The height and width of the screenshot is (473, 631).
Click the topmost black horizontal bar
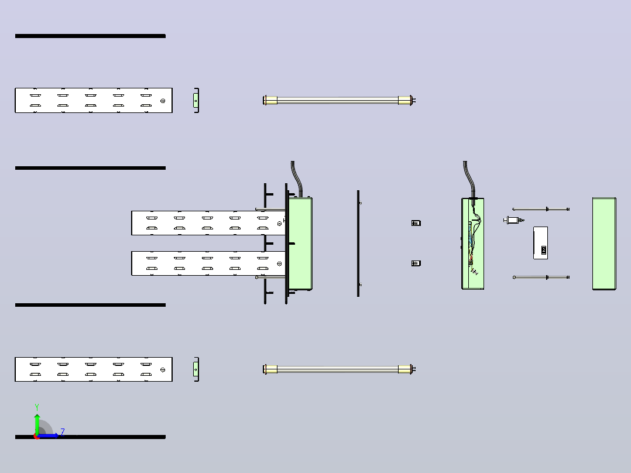tap(90, 36)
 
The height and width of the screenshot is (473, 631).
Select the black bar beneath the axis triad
tap(90, 437)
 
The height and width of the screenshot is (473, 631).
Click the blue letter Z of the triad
tap(63, 433)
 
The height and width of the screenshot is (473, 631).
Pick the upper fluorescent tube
tap(339, 100)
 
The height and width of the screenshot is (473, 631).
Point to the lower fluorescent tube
tap(339, 369)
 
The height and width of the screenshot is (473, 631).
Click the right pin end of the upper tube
tap(414, 100)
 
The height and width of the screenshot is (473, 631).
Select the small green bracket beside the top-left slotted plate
tap(196, 100)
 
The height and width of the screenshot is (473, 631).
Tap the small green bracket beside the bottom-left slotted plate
tap(196, 369)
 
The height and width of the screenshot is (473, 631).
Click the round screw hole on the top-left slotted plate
tap(163, 101)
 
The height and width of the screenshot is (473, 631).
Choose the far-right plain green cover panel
tap(604, 244)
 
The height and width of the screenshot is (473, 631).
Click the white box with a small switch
tap(540, 243)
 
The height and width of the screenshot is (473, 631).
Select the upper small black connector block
tap(416, 223)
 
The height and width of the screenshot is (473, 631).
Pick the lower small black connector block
tap(416, 263)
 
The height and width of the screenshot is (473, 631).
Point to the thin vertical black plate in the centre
tap(358, 244)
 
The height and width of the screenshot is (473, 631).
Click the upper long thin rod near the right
tap(541, 209)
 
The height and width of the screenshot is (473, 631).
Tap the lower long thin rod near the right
tap(541, 277)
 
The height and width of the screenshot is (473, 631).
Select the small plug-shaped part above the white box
tap(513, 220)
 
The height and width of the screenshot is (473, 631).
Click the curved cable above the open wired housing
tap(468, 180)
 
